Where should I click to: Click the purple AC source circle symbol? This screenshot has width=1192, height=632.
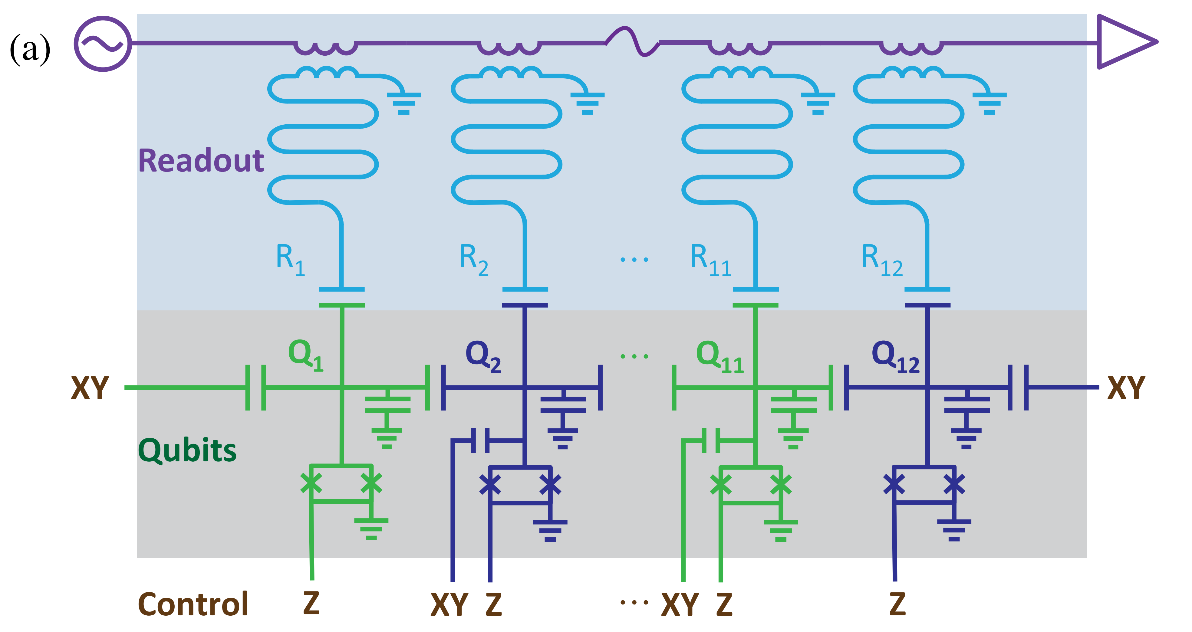point(102,44)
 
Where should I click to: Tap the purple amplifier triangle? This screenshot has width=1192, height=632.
point(1122,42)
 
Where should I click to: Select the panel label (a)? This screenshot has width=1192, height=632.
point(30,49)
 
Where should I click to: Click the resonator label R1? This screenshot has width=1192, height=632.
point(290,260)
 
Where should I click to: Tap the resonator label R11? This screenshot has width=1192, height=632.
point(710,260)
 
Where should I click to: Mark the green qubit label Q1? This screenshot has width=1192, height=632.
point(305,355)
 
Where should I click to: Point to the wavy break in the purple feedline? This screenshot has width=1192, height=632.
point(633,42)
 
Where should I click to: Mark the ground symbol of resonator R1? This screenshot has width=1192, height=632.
point(403,103)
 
